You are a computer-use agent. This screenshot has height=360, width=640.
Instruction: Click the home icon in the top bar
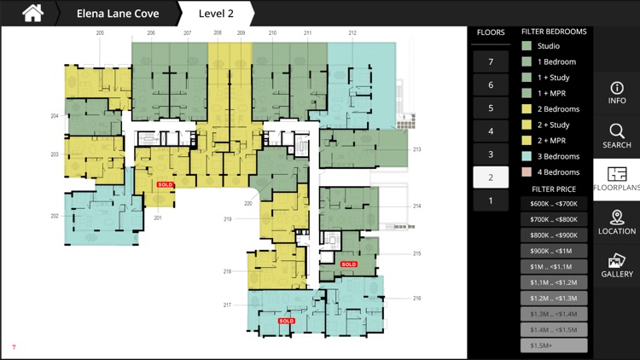point(32,13)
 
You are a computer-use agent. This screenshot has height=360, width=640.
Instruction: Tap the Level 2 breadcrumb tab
point(216,14)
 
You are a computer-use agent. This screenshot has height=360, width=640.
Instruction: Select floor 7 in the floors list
point(491,62)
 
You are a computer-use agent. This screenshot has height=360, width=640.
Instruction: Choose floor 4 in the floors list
point(491,131)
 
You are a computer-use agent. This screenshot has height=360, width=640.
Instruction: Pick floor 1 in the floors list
point(491,201)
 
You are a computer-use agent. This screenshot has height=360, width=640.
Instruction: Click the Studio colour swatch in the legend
point(527,46)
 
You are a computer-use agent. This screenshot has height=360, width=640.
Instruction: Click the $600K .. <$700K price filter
point(554,204)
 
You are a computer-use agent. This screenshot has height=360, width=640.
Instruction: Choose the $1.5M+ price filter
point(554,345)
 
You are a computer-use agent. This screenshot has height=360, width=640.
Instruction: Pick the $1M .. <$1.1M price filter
point(554,267)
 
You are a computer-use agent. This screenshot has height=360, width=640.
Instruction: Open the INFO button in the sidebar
point(616,93)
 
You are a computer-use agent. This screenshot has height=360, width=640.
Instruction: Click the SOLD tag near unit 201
point(166,184)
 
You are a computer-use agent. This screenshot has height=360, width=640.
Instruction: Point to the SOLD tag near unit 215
point(348,264)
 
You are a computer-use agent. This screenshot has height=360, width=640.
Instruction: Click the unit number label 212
point(352,32)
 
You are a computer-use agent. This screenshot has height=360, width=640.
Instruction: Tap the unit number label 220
point(248,204)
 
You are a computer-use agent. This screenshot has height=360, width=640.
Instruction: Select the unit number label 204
point(55,116)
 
